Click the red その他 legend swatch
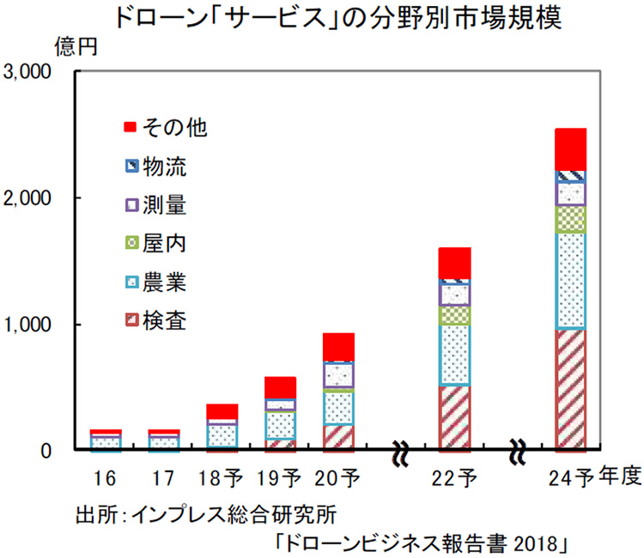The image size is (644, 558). [131, 128]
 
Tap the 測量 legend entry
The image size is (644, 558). [165, 205]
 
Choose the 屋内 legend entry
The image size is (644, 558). [165, 244]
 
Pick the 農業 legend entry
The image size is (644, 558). [165, 282]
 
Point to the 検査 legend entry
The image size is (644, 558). [165, 321]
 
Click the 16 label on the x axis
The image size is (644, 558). [106, 477]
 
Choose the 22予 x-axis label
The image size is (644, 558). [455, 477]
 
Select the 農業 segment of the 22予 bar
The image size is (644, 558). [455, 355]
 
